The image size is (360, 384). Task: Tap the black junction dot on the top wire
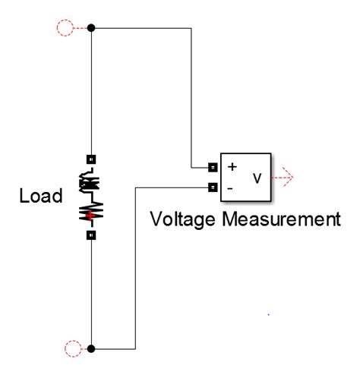pos(92,28)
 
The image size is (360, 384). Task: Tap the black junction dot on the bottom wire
pos(92,348)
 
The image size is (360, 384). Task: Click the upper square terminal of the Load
pos(92,159)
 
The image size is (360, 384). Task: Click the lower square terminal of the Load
pos(92,235)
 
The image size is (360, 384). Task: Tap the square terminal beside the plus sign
pos(213,167)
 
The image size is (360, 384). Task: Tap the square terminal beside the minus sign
pos(213,187)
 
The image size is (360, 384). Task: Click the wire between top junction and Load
pos(92,91)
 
